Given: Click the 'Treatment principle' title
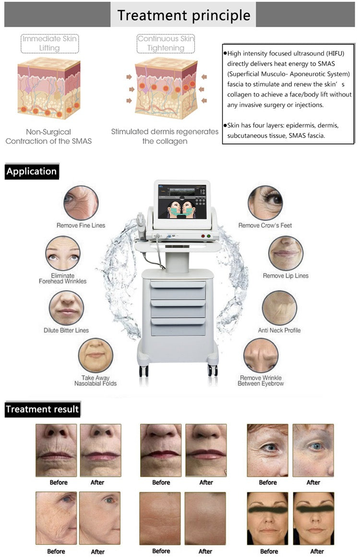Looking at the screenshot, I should click(x=184, y=15).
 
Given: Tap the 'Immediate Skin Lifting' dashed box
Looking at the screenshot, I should click(x=49, y=43).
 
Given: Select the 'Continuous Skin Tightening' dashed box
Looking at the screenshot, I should click(x=165, y=43).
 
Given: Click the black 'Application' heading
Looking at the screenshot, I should click(x=32, y=171).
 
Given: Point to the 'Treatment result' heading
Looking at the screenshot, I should click(x=42, y=409).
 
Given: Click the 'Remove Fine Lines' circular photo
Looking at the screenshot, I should click(x=81, y=203).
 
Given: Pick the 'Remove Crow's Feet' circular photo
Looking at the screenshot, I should click(x=265, y=203).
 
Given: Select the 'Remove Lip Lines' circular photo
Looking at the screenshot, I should click(x=286, y=253).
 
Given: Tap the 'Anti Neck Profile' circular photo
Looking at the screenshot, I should click(x=279, y=308).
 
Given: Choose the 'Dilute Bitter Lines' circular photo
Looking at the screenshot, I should click(x=66, y=308).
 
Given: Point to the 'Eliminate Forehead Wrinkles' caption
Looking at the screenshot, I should click(x=63, y=278).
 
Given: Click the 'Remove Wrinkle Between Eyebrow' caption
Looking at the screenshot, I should click(x=261, y=381).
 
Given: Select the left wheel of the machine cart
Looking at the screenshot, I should click(x=144, y=370).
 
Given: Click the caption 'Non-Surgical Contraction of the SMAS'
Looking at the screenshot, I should click(x=49, y=136).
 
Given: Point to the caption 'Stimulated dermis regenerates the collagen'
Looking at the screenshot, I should click(x=165, y=136).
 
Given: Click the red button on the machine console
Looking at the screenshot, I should click(x=203, y=236).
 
